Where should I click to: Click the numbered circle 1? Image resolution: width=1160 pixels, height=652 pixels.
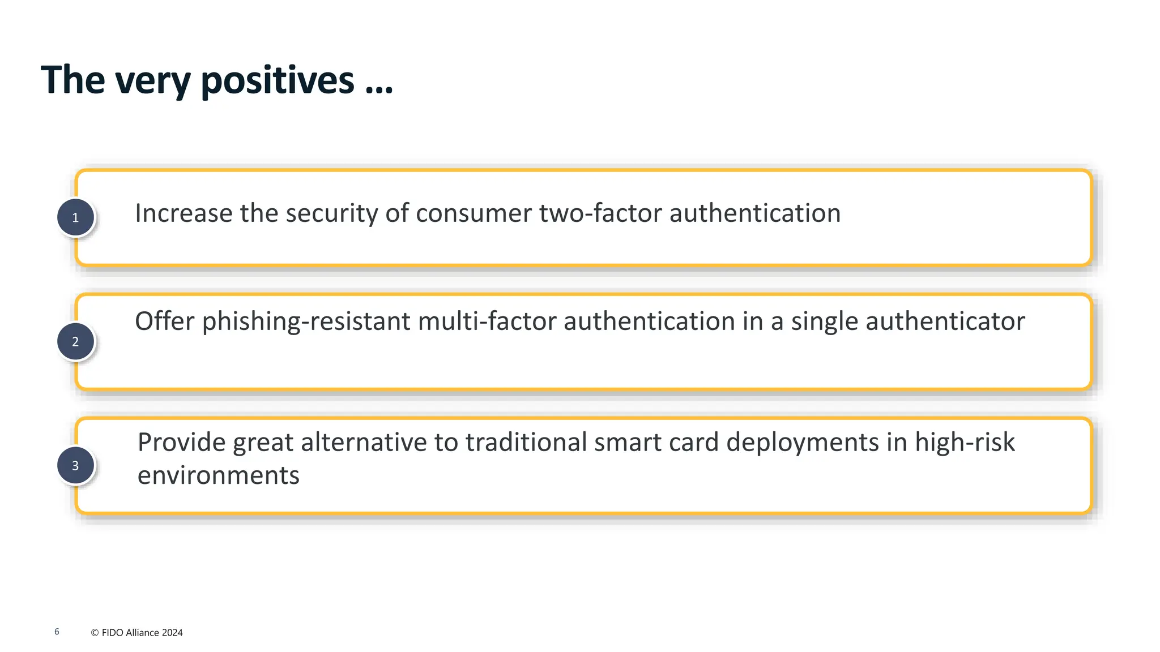pyautogui.click(x=75, y=217)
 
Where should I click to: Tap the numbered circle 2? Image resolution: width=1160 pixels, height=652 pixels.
pyautogui.click(x=75, y=341)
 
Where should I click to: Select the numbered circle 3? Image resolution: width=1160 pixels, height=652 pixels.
pyautogui.click(x=75, y=465)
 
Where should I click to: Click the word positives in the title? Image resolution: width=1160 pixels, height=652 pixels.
pyautogui.click(x=278, y=81)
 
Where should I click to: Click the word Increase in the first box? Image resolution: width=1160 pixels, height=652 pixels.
pyautogui.click(x=184, y=213)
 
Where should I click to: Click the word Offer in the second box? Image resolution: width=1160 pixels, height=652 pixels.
pyautogui.click(x=165, y=321)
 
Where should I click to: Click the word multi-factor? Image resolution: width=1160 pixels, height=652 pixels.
pyautogui.click(x=487, y=321)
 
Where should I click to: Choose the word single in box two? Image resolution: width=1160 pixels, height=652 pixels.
pyautogui.click(x=824, y=321)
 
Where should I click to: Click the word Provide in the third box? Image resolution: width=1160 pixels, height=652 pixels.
pyautogui.click(x=181, y=442)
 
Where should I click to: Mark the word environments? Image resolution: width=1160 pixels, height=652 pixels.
pyautogui.click(x=218, y=475)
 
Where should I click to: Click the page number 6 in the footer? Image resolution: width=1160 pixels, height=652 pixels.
pyautogui.click(x=57, y=632)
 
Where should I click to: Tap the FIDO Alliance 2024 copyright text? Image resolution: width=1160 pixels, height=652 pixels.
pyautogui.click(x=137, y=633)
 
